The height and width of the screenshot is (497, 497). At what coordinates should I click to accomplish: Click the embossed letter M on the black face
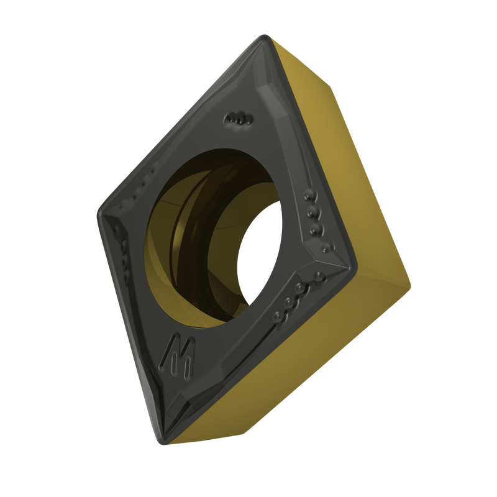[x=178, y=356]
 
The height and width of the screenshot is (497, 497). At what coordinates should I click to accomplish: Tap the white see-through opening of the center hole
[x=258, y=253]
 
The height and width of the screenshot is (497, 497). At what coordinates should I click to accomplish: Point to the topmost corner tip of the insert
[x=264, y=35]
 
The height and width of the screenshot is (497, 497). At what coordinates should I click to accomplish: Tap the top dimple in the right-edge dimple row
[x=309, y=194]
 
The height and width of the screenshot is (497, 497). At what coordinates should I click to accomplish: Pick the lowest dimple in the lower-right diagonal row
[x=278, y=317]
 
